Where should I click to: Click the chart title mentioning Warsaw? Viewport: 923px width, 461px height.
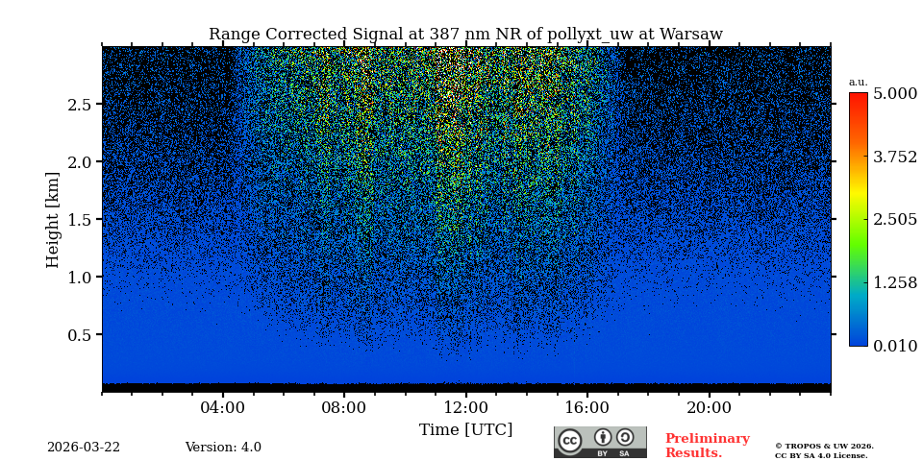pos(465,35)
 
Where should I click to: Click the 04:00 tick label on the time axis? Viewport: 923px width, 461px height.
pos(223,407)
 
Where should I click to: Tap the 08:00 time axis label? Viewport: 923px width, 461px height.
pos(344,407)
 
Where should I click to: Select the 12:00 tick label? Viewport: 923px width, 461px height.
pos(465,407)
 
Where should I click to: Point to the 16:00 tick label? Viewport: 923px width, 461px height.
pos(586,407)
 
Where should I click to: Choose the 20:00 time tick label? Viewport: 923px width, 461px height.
pos(709,407)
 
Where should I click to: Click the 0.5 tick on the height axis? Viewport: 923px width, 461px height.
pos(79,335)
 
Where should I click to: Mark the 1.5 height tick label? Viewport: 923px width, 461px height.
pos(79,220)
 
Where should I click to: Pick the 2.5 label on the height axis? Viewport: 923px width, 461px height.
pos(79,105)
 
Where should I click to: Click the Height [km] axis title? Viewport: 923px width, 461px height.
pos(53,219)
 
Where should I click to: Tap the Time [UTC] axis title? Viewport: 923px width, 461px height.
pos(465,430)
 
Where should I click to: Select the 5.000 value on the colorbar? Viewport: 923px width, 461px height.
pos(894,94)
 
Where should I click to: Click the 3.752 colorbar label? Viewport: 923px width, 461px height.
pos(894,158)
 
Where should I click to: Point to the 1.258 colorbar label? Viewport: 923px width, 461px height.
pos(894,282)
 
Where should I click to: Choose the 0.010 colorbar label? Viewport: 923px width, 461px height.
pos(894,346)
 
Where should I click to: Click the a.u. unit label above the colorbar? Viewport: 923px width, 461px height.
pos(858,82)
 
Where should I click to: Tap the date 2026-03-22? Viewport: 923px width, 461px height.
pos(84,448)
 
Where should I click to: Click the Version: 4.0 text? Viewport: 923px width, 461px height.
pos(223,448)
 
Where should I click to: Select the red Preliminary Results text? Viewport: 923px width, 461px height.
pos(707,446)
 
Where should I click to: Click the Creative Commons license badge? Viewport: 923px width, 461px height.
pos(600,442)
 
